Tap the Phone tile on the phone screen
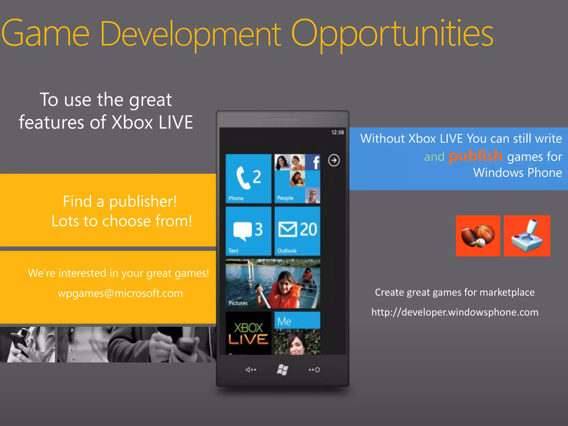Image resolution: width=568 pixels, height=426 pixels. coord(248,178)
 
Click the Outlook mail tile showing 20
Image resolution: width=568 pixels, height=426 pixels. coord(297,231)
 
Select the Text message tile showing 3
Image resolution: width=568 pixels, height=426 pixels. coord(248,231)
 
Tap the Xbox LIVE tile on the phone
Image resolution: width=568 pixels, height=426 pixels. coord(248,333)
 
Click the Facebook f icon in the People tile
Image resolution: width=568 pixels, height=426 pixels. coord(316,162)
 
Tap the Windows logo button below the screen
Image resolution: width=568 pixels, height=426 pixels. coord(283,370)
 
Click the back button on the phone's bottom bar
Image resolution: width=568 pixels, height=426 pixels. coord(250,370)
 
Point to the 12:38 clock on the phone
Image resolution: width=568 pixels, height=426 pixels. coord(338,133)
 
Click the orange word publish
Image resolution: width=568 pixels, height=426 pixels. coord(475,156)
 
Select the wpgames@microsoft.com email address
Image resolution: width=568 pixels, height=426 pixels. coord(120,293)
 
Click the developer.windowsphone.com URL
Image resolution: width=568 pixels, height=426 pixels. coord(455,312)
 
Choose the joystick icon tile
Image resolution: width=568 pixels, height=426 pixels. coord(527,236)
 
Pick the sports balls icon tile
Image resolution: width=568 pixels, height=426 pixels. coord(478,236)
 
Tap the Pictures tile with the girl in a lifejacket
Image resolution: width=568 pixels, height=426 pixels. coord(273,283)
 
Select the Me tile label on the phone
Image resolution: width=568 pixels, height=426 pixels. coord(285,321)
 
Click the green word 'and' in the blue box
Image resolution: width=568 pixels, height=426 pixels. coord(434,157)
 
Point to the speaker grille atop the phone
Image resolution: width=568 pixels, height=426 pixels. coord(283,119)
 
